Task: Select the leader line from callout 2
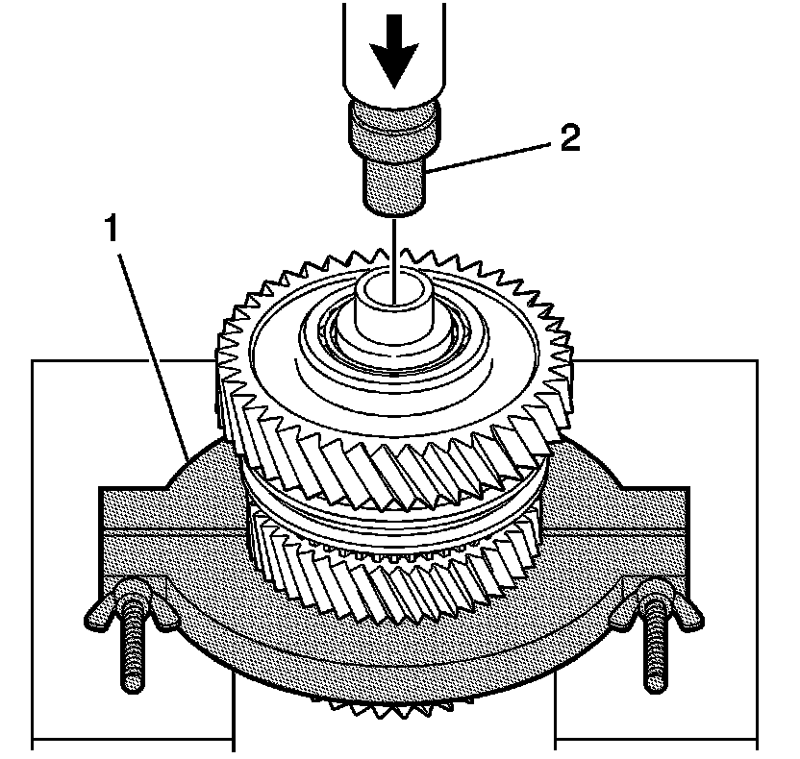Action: pos(490,155)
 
